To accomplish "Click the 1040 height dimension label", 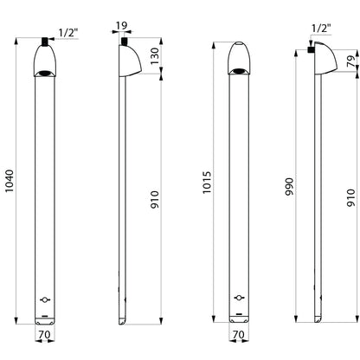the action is (x=10, y=181).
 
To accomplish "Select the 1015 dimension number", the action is (x=207, y=183).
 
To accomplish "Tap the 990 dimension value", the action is (x=289, y=187).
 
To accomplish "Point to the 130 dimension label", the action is (x=155, y=56).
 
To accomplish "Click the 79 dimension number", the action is (x=351, y=61).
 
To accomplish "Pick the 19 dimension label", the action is (x=121, y=26).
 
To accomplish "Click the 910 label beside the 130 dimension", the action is (x=155, y=200).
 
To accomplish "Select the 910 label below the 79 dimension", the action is (x=350, y=197).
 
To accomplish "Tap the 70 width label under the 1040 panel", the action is (x=44, y=335).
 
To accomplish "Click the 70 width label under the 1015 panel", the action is (x=239, y=335).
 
